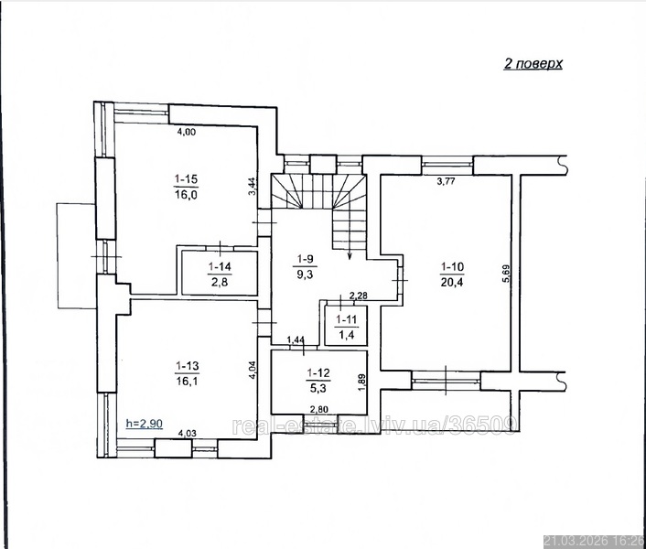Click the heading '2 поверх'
(533, 64)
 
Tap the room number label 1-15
(186, 179)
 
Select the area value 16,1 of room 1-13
(187, 381)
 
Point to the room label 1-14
(220, 267)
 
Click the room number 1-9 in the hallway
(306, 259)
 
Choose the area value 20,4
(452, 282)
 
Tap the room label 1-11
(347, 319)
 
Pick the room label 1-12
(318, 373)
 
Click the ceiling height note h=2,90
(145, 424)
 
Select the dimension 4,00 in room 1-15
(187, 132)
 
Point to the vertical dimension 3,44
(253, 186)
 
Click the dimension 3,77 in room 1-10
(446, 180)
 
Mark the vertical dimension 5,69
(506, 273)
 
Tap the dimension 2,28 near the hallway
(358, 296)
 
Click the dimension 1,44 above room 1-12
(296, 339)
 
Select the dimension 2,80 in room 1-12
(318, 409)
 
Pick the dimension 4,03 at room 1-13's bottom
(187, 434)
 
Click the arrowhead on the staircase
(350, 255)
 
